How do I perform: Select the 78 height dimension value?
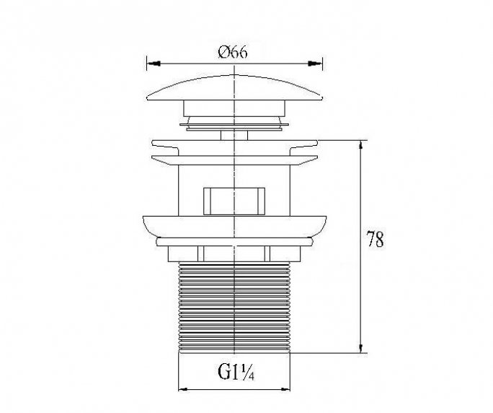coord(375,240)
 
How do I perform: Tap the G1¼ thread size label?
coord(234,373)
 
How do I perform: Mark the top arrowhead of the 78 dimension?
coord(360,145)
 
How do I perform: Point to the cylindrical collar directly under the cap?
coord(234,112)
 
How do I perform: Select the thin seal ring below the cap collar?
coord(234,126)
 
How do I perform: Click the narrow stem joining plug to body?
coord(234,134)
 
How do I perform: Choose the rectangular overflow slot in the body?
coord(234,199)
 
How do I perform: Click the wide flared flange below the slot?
coord(234,225)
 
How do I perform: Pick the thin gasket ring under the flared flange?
coord(234,241)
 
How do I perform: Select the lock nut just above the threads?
coord(234,253)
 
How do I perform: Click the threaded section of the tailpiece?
coord(234,307)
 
